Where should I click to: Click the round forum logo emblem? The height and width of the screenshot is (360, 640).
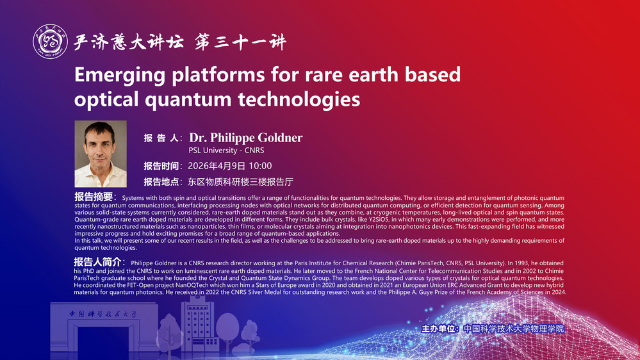pos(50,41)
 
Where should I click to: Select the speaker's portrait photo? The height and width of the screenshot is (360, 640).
pos(101,154)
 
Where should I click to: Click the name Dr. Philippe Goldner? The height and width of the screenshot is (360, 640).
pos(246,138)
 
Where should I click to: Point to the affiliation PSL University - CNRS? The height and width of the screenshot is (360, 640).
pos(226,150)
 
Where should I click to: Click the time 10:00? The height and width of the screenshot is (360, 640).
pos(260,166)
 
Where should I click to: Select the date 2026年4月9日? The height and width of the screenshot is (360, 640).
pos(217,166)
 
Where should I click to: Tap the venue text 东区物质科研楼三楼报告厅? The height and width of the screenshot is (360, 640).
pos(240,182)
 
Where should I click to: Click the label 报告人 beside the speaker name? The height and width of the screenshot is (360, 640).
pos(161,138)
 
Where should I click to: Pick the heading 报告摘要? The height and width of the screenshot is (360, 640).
pos(94,197)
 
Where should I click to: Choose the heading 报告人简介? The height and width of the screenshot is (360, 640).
pos(97,261)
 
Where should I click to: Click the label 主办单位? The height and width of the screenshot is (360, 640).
pos(438,329)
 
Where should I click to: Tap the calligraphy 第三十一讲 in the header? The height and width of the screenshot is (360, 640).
pos(240,42)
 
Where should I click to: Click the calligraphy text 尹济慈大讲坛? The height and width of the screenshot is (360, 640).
pos(129,42)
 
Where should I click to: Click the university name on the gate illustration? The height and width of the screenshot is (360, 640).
pos(103,314)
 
